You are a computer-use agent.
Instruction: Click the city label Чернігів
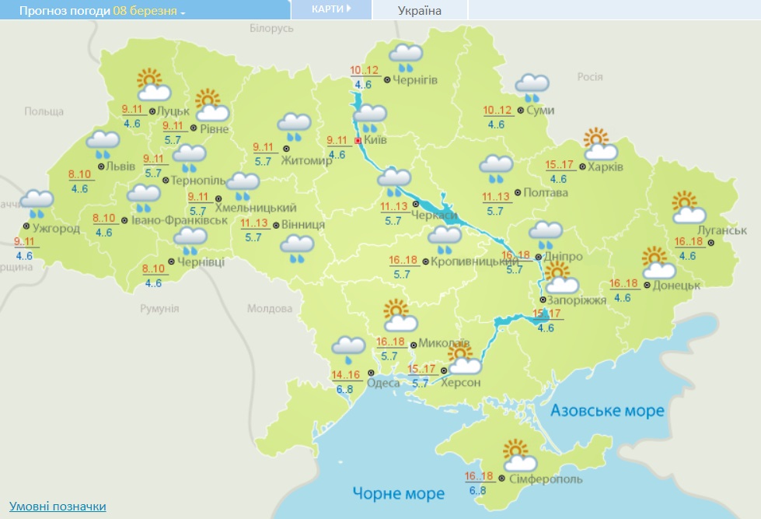(x=415, y=80)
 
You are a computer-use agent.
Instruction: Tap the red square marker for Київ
(x=358, y=141)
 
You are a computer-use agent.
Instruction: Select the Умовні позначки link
(x=58, y=507)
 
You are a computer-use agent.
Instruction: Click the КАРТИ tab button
(x=330, y=9)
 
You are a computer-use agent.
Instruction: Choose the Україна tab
(x=419, y=10)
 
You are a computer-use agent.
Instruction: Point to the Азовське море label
(x=607, y=410)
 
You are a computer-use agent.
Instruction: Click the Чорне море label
(x=398, y=493)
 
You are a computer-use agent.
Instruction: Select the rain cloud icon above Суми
(x=532, y=87)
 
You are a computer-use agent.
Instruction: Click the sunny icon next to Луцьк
(x=148, y=83)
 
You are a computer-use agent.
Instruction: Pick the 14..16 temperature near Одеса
(x=347, y=375)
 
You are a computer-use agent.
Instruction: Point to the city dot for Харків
(x=582, y=167)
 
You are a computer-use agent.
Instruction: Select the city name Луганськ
(x=721, y=231)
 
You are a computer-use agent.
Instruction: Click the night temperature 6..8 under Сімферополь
(x=477, y=491)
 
